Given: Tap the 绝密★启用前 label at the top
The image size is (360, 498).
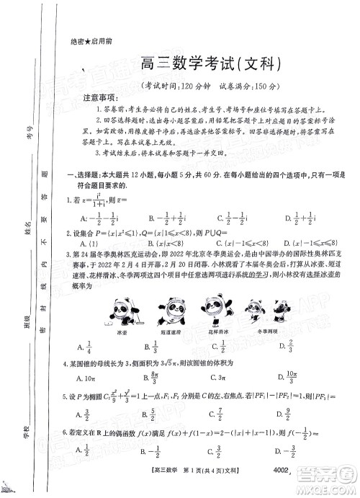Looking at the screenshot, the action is (x=89, y=41).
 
